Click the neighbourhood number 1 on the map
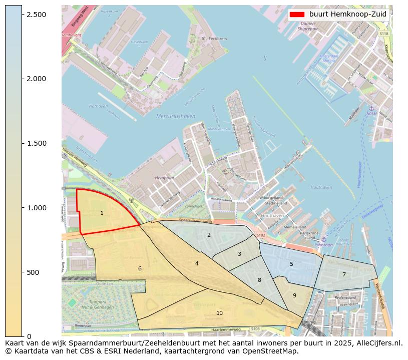pos(102,213)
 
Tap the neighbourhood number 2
pos(209,235)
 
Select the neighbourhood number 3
pos(239,254)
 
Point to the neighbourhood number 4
pos(197,263)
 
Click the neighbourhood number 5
pos(291,264)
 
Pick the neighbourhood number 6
pos(140,269)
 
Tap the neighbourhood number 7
pos(344,274)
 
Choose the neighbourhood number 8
pos(259,280)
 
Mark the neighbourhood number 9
pos(294,295)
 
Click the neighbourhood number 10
pos(219,313)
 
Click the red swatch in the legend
pos(297,15)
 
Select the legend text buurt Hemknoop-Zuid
pos(347,15)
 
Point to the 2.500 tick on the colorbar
pos(37,15)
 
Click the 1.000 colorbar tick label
pos(37,208)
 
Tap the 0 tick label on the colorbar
pos(29,336)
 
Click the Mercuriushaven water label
pos(176,116)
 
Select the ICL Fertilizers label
pos(214,39)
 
